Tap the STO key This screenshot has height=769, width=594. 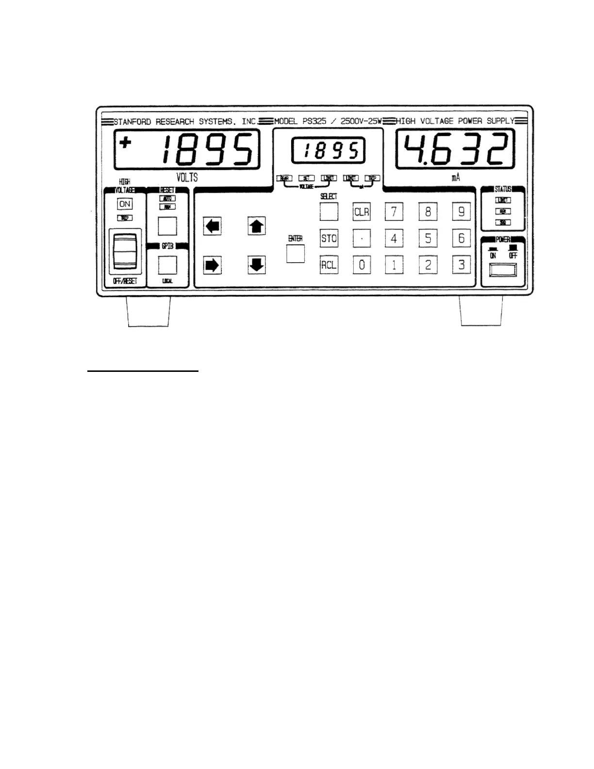[329, 238]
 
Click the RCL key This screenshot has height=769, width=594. [329, 265]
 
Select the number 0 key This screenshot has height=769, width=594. [362, 265]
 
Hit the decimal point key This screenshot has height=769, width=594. [362, 238]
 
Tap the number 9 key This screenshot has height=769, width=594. [461, 212]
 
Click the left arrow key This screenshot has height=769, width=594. [212, 226]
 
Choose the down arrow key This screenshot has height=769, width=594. [256, 265]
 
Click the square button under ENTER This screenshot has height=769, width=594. [295, 253]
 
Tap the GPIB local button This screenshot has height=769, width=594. [167, 265]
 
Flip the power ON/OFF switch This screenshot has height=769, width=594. [503, 270]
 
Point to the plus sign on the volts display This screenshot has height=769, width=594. [126, 143]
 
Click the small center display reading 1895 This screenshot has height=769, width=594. [328, 151]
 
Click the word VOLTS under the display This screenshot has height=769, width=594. [187, 177]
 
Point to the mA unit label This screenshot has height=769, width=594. [455, 178]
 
